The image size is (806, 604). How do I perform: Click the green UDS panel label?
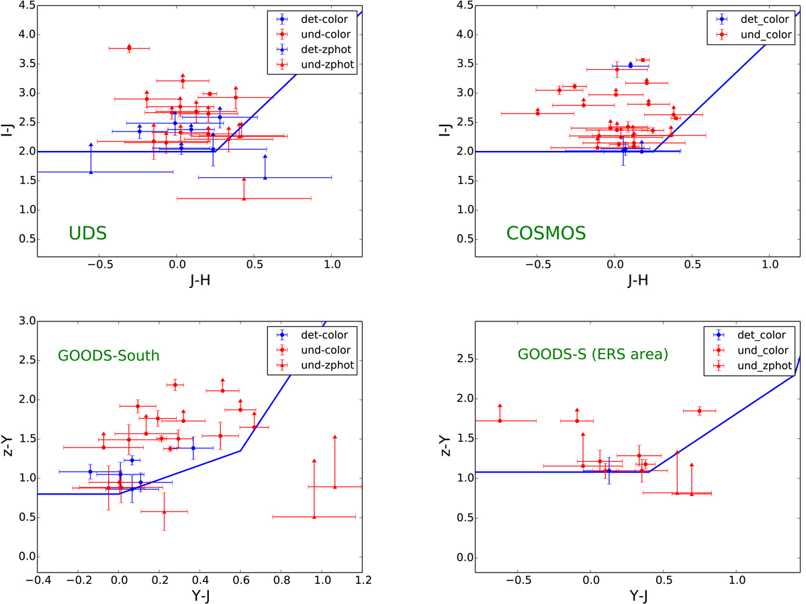[87, 234]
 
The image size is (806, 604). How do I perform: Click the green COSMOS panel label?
[546, 234]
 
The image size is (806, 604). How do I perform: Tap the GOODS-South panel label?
[109, 356]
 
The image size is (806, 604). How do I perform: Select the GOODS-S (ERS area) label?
[592, 355]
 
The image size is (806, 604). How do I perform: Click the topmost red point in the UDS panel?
[129, 48]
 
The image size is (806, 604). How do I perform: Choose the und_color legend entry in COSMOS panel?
[765, 34]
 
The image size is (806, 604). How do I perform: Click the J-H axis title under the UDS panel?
[199, 280]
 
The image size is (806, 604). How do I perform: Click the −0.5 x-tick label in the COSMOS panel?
[535, 265]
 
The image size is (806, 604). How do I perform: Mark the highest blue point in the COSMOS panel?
[630, 65]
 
